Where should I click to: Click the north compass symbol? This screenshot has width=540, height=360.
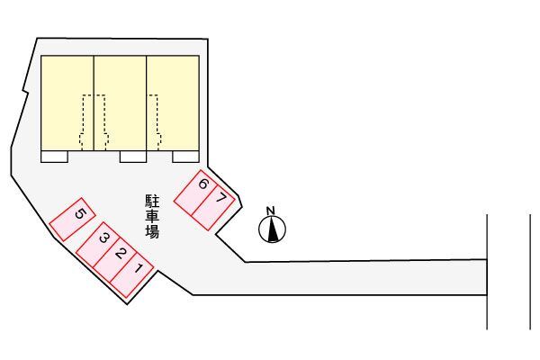(273, 230)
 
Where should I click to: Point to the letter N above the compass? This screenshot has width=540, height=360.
(272, 211)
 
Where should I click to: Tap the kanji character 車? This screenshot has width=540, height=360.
(152, 216)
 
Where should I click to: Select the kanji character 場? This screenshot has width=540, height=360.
(152, 232)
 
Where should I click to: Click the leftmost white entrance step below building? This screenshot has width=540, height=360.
(55, 157)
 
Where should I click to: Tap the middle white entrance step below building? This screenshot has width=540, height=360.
(133, 157)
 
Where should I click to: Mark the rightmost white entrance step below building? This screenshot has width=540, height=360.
(185, 157)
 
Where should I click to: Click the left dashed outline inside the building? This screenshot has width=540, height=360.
(94, 121)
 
